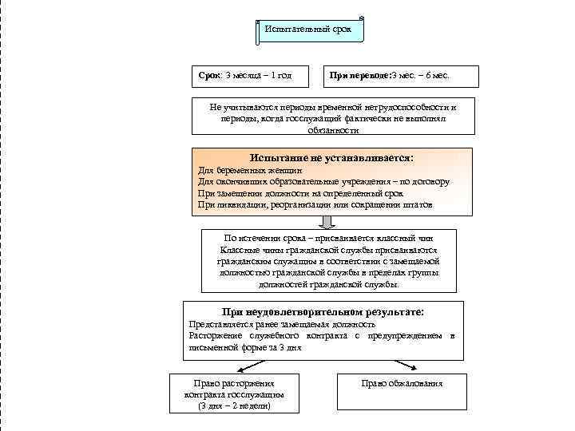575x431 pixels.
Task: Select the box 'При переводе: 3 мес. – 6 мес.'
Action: (x=400, y=76)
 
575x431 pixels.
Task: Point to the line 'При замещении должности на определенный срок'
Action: (x=299, y=193)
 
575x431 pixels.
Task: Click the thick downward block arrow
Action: (x=327, y=221)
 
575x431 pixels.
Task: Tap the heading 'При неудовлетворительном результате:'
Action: (x=323, y=312)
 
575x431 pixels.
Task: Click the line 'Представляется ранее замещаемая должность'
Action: (x=281, y=325)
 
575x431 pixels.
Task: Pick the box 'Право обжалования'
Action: (x=402, y=384)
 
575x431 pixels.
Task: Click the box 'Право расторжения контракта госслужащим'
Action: (x=234, y=389)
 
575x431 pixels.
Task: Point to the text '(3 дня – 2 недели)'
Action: (x=234, y=406)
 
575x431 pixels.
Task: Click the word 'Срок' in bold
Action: (x=209, y=76)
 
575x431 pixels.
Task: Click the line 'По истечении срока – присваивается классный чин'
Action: (x=328, y=237)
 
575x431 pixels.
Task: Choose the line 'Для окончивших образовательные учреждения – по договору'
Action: (x=323, y=182)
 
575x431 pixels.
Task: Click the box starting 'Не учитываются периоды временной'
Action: (x=333, y=117)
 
